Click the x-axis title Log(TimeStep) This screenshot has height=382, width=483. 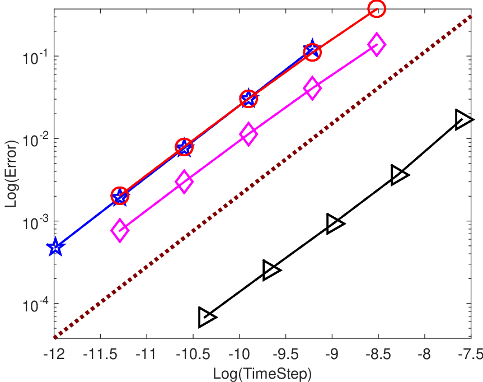(x=262, y=374)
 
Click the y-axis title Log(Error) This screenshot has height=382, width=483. (x=11, y=174)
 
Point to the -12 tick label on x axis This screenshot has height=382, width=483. (x=54, y=354)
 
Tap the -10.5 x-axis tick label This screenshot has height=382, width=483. (x=193, y=354)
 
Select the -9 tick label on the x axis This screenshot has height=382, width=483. (x=332, y=354)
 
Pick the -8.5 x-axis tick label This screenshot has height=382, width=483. (x=378, y=354)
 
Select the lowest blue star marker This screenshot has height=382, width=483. (x=55, y=246)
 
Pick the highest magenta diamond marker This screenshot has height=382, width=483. (x=377, y=44)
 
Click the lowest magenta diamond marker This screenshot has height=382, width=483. (x=120, y=230)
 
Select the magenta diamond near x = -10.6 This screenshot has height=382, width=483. (x=184, y=181)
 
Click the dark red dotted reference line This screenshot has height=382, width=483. (x=262, y=177)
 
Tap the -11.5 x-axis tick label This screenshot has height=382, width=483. (x=100, y=354)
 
